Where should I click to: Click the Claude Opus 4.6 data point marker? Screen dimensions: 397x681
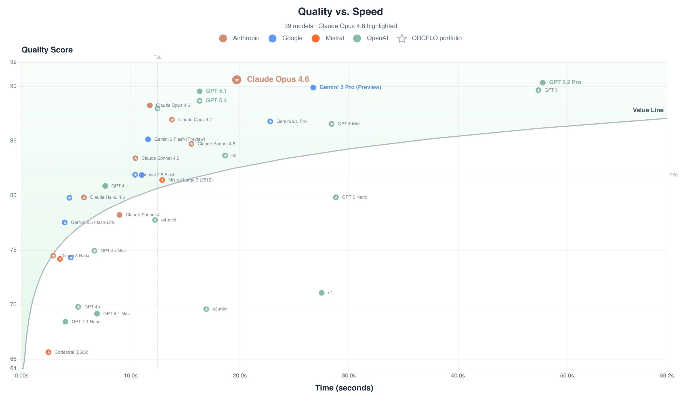(x=237, y=80)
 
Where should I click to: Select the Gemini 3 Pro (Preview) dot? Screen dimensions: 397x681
(x=313, y=88)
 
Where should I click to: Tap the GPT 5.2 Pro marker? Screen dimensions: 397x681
(x=543, y=83)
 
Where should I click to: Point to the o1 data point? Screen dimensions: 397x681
(x=321, y=293)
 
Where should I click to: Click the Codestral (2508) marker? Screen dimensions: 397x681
(x=49, y=352)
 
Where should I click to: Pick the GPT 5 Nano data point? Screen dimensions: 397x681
(x=336, y=197)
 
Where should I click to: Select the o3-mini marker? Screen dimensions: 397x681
(x=206, y=309)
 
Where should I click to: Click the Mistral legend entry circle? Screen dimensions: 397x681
(x=316, y=38)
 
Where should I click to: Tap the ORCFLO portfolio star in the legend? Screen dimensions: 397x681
(x=402, y=38)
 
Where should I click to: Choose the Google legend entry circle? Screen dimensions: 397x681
(x=272, y=38)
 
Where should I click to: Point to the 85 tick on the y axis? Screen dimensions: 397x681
(x=13, y=141)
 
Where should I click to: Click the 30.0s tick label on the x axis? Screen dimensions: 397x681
(x=349, y=376)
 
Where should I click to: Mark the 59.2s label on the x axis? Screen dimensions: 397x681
(x=667, y=376)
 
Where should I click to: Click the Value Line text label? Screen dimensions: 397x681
(x=648, y=110)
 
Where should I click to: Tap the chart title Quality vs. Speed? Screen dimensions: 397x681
(x=340, y=12)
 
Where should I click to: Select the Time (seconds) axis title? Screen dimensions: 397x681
(x=344, y=388)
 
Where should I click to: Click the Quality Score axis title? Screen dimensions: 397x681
(x=47, y=50)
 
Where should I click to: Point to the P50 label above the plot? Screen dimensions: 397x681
(x=157, y=57)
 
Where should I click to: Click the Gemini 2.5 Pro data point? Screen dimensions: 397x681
(x=270, y=121)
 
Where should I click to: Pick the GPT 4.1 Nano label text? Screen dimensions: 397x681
(x=86, y=322)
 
